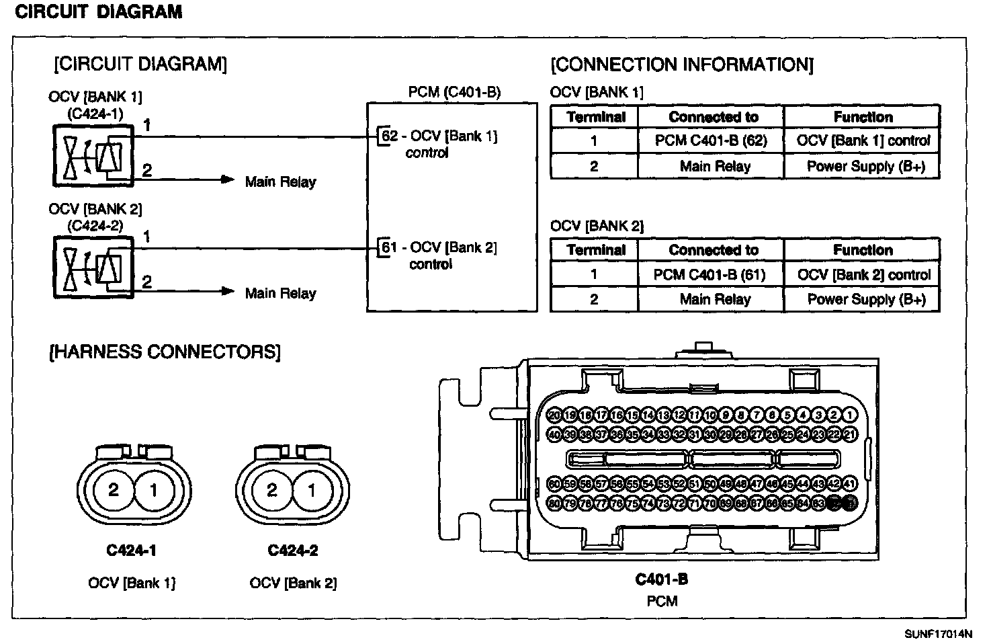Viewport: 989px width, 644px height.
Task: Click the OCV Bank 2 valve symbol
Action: tap(93, 268)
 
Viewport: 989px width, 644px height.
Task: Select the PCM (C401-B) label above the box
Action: tap(454, 92)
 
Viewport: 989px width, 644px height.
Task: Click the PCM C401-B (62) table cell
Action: tap(711, 141)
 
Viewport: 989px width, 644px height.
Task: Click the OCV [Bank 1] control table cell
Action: tap(863, 141)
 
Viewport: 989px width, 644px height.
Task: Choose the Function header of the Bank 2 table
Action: tap(863, 250)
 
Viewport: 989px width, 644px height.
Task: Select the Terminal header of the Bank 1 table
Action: tap(595, 117)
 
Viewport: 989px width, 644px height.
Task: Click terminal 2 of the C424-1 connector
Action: tap(114, 490)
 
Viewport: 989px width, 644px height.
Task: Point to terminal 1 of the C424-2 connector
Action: tap(311, 490)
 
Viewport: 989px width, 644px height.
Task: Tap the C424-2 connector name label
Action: tap(293, 551)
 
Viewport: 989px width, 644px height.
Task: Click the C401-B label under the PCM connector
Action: tap(662, 579)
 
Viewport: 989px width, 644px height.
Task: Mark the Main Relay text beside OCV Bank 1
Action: tap(280, 182)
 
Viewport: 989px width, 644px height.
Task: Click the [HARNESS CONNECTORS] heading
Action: tap(165, 352)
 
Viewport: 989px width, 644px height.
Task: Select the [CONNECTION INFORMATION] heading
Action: tap(681, 65)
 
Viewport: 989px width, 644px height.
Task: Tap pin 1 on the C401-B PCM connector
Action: tap(850, 415)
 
